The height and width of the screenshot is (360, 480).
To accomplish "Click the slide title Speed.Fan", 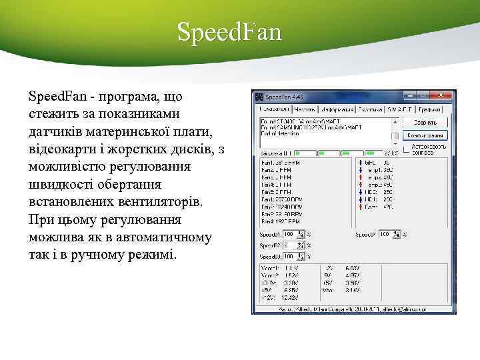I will [x=229, y=31].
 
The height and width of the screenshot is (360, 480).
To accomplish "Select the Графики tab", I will [x=431, y=109].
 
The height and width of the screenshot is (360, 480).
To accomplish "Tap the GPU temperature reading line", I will [x=376, y=162].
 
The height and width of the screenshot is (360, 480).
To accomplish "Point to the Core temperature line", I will [x=376, y=207].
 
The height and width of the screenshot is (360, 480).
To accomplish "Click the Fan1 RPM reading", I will [x=277, y=162].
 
